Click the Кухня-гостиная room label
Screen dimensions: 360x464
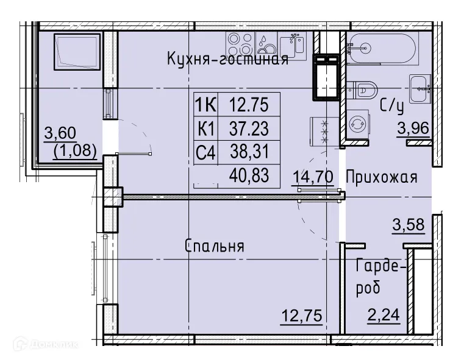pos(227,59)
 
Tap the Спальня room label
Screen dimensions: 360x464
pos(215,246)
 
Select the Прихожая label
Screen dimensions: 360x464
pos(381,177)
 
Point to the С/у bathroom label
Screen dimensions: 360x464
pos(392,106)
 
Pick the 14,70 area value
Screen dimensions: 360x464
pos(312,177)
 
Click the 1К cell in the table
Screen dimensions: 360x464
pos(205,105)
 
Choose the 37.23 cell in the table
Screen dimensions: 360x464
pos(249,128)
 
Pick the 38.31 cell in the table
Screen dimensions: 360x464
pos(249,152)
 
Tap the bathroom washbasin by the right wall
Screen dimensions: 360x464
pos(421,88)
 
